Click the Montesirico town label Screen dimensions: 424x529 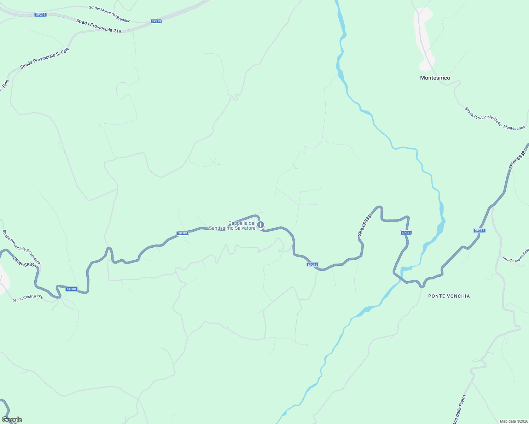(435, 78)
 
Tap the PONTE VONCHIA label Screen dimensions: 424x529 (449, 296)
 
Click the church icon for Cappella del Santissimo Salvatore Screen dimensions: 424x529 (261, 225)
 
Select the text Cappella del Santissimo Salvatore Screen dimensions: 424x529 (232, 226)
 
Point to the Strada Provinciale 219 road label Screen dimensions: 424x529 (99, 26)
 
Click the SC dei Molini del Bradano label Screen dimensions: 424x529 (110, 14)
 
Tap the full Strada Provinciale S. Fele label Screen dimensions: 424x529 (44, 58)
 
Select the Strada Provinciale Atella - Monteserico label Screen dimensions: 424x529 (495, 119)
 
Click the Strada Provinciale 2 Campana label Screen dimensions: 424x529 (21, 247)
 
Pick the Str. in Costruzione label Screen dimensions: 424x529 (28, 298)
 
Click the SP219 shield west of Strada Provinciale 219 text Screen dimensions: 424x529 (41, 14)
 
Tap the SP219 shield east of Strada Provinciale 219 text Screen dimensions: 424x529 (156, 21)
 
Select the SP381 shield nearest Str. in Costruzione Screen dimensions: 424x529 (71, 289)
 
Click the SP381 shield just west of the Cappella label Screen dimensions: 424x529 (182, 233)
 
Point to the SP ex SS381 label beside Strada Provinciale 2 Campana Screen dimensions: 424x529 (24, 262)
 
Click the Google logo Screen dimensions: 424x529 (12, 420)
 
